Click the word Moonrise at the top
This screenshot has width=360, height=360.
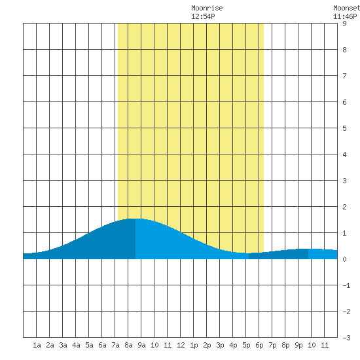207,8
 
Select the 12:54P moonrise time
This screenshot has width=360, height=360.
203,16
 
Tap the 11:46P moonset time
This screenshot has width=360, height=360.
345,16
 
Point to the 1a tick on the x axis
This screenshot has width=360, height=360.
37,345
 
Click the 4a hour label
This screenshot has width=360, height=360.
76,345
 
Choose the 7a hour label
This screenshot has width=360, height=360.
115,345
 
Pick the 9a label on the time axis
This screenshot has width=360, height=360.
141,345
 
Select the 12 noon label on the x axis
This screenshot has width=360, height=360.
181,345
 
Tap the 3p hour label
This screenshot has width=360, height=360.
220,345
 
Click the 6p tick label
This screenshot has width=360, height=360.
259,345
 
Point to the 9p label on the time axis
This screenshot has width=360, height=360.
298,345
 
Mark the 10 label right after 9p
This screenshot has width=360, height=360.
312,345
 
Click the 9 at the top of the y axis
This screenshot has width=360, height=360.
344,24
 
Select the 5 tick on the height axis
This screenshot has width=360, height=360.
344,128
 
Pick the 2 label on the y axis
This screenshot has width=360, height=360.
344,207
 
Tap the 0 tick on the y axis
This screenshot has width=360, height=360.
344,259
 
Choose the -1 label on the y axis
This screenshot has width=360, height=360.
346,285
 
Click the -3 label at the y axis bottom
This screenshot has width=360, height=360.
346,338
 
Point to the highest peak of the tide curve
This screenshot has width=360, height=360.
135,219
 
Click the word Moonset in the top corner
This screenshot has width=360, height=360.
346,8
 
